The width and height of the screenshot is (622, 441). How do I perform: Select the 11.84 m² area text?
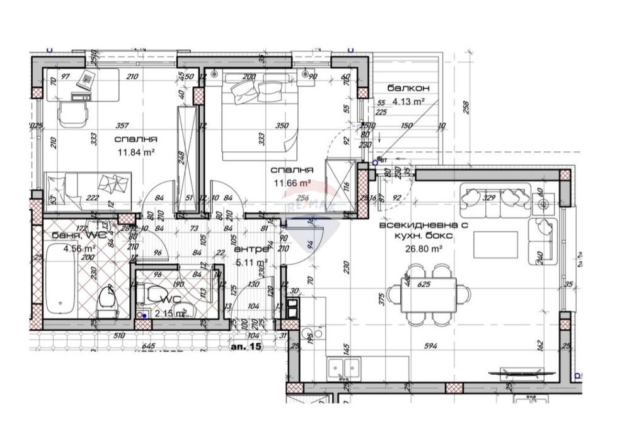click(x=136, y=152)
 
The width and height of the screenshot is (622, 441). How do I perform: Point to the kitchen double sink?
click(x=344, y=367)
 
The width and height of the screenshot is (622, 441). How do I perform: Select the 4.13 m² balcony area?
click(x=408, y=100)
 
